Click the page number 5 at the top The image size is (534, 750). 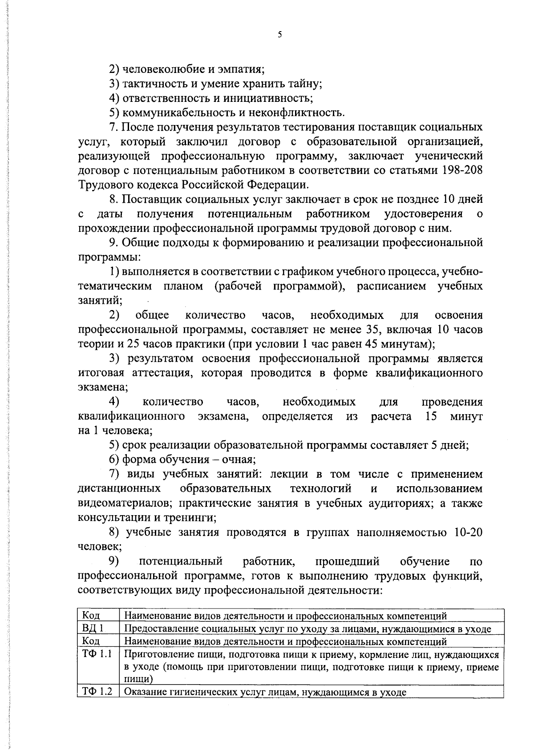click(279, 35)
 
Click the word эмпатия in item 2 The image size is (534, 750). click(242, 69)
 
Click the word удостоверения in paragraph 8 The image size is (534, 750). click(423, 214)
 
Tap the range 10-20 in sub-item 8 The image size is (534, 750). click(468, 532)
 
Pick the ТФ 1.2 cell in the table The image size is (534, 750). click(97, 692)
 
